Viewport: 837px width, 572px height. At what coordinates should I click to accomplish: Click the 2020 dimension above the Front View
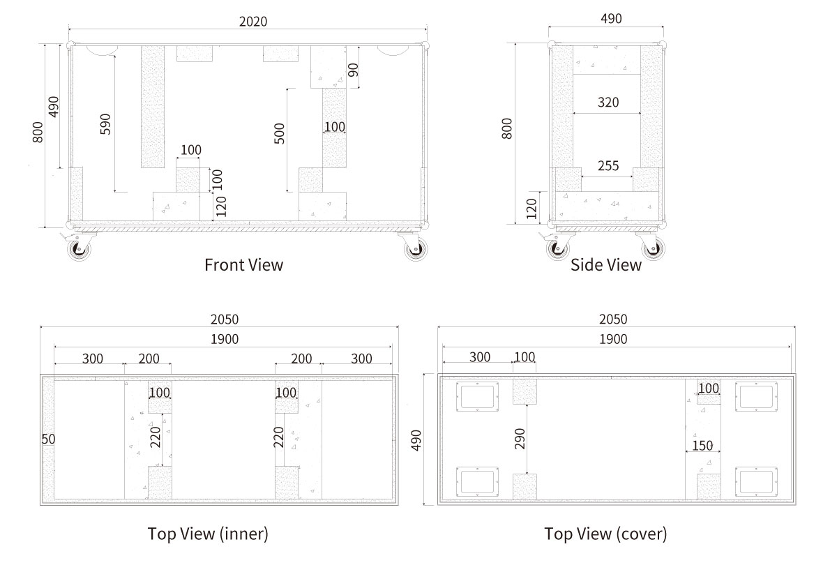click(253, 22)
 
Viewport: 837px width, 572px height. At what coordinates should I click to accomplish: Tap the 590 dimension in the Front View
click(106, 124)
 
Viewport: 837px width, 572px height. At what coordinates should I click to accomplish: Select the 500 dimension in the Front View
click(280, 133)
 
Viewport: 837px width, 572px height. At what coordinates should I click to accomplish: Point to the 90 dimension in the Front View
click(353, 70)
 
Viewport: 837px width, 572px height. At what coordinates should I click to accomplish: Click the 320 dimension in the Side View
click(608, 103)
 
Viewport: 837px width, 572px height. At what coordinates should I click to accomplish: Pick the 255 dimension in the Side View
click(608, 166)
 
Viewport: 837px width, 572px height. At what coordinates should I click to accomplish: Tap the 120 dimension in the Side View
click(531, 209)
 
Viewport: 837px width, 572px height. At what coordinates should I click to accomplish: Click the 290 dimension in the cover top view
click(520, 439)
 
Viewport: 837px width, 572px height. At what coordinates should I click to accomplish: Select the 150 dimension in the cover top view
click(702, 446)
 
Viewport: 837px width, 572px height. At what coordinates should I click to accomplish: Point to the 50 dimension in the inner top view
click(49, 439)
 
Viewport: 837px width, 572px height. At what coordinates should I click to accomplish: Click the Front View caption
click(243, 265)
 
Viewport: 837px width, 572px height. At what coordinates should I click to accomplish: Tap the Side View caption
click(605, 265)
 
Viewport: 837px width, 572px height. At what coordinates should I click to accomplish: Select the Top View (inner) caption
click(208, 534)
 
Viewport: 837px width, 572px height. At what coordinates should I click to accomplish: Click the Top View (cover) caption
click(605, 534)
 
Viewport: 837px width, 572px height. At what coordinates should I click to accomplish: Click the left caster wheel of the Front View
click(80, 249)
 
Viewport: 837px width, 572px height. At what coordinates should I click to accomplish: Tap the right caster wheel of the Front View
click(416, 249)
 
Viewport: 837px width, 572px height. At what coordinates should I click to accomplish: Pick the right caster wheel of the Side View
click(653, 248)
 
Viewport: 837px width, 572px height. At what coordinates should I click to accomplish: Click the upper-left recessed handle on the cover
click(477, 396)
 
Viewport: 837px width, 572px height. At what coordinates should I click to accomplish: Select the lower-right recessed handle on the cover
click(756, 481)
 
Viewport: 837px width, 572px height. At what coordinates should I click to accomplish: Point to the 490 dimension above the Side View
click(611, 19)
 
